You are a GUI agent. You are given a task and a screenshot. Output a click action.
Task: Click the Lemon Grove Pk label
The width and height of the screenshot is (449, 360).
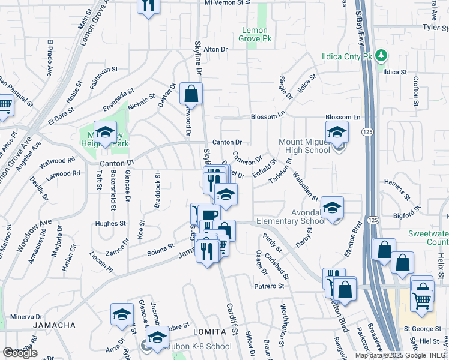(259, 35)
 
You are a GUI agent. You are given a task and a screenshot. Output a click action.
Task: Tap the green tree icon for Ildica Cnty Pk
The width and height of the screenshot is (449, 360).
(382, 56)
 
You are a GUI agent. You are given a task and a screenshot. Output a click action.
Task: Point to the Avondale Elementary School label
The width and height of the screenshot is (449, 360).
(291, 216)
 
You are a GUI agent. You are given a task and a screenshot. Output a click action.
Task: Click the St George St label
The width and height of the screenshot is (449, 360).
(422, 328)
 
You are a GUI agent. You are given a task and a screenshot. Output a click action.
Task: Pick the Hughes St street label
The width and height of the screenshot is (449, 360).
(110, 223)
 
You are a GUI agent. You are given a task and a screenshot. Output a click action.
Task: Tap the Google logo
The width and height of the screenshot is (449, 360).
(20, 353)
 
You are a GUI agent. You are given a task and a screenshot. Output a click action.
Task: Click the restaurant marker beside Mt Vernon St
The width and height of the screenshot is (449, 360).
(148, 6)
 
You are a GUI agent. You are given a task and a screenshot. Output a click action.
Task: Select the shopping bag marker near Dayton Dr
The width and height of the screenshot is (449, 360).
(191, 94)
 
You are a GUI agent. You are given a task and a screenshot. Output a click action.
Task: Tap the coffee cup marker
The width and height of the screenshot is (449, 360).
(209, 216)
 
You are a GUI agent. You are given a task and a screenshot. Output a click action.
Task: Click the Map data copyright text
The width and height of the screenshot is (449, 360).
(402, 355)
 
